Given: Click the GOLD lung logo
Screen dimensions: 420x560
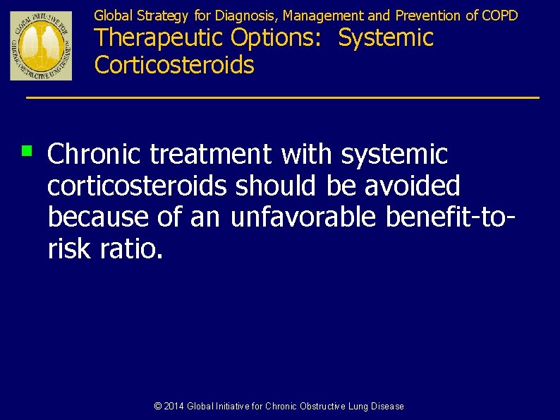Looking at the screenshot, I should (40, 45).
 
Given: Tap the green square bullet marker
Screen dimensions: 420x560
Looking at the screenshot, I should (27, 150).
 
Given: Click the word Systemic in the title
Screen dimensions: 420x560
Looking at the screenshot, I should (386, 38).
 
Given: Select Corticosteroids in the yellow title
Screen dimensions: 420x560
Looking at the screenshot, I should (174, 65).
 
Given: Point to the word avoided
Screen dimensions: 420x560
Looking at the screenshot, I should (413, 186).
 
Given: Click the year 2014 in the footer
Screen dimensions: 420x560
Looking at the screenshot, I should (174, 407).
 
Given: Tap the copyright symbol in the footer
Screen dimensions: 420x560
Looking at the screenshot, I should (158, 407).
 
